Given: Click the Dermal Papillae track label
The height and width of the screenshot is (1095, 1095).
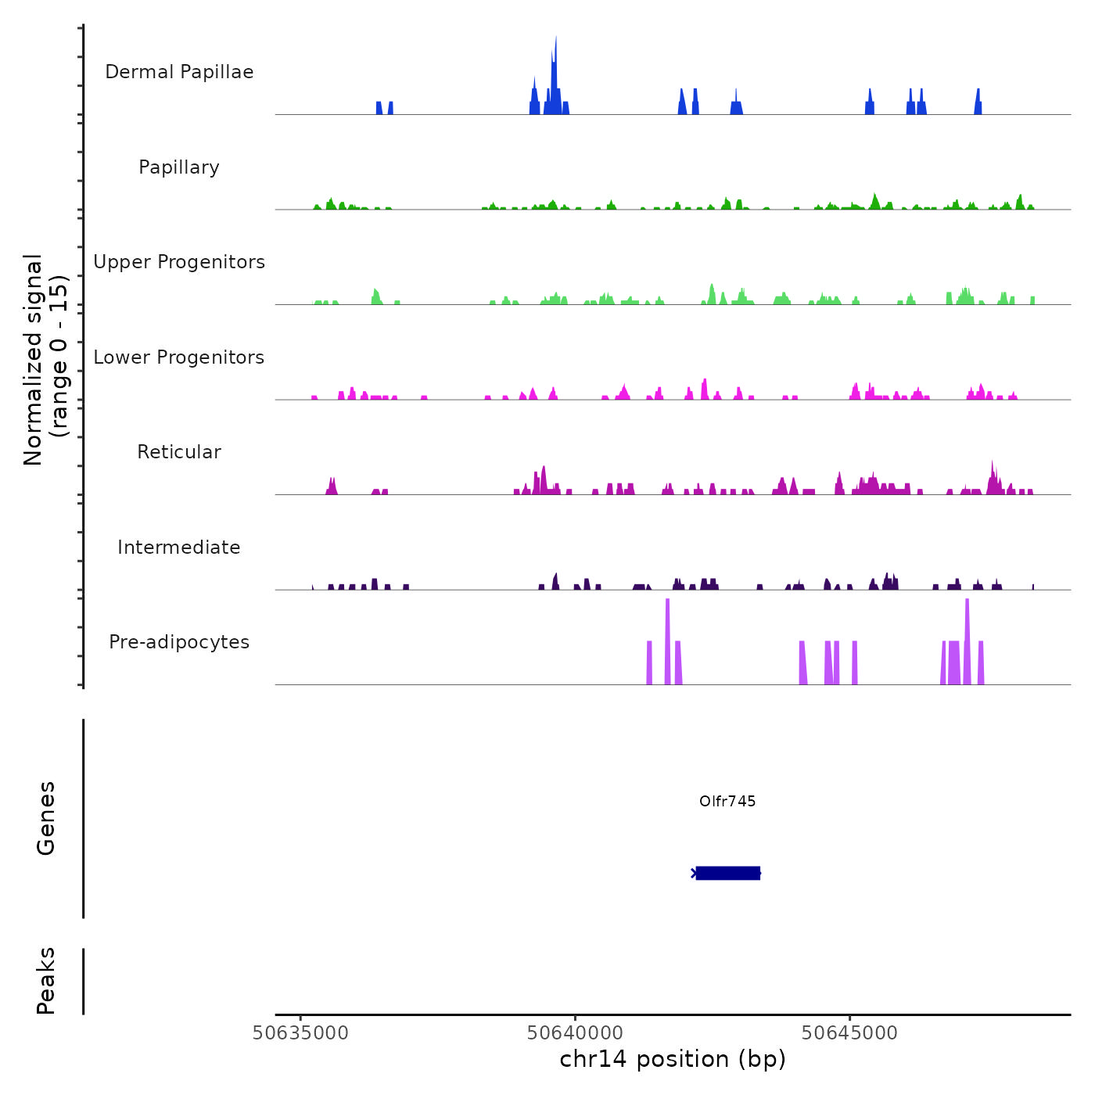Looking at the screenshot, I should (179, 72).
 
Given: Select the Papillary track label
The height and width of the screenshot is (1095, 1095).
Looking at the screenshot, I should (179, 167).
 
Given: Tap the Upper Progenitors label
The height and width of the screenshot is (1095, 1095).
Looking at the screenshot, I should (179, 262).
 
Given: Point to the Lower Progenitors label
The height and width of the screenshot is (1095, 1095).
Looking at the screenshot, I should (179, 357).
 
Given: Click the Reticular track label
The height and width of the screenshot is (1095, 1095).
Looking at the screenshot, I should (179, 452).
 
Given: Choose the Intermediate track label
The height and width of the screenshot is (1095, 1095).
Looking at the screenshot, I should (179, 547).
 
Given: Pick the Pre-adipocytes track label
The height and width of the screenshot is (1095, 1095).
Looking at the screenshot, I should (179, 642).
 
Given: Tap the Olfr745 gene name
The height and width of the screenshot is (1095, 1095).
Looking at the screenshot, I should (727, 801).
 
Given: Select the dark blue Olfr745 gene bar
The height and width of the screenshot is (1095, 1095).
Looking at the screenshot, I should (727, 873).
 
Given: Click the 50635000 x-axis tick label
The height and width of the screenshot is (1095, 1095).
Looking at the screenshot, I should (300, 1033).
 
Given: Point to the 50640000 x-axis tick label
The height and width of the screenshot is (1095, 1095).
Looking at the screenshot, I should (575, 1033).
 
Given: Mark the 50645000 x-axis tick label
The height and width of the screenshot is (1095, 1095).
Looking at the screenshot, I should (849, 1033).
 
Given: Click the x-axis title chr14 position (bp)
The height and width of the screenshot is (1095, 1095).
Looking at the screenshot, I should (673, 1059).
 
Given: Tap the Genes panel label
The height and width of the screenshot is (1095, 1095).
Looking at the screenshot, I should (46, 818).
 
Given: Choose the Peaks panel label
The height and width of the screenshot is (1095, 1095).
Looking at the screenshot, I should (46, 981).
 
